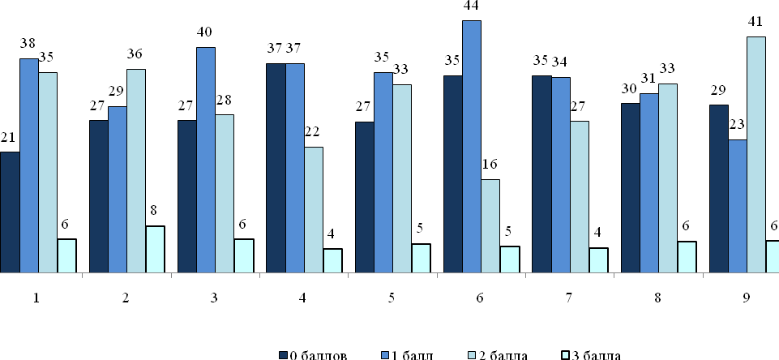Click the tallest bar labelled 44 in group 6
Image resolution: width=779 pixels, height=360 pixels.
tap(471, 146)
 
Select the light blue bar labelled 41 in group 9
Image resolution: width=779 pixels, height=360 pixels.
tap(756, 154)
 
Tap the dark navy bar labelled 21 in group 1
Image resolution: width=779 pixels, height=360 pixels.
tap(10, 212)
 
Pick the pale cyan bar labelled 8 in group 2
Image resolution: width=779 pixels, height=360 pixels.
tap(155, 249)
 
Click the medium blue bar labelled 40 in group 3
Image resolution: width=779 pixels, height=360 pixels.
tap(205, 160)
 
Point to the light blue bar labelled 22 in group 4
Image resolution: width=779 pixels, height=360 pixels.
tap(313, 209)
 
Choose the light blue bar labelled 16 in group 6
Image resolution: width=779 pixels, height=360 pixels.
tap(490, 225)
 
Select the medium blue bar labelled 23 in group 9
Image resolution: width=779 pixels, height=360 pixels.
tap(738, 206)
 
